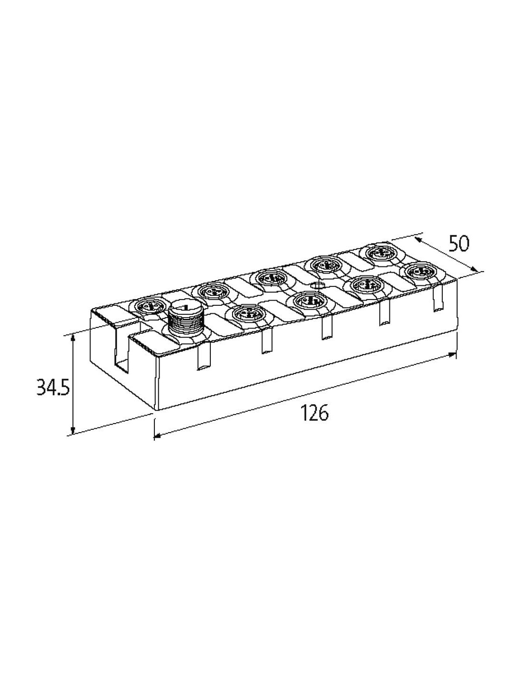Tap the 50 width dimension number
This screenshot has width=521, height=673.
(x=459, y=244)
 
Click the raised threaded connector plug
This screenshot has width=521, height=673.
(x=183, y=318)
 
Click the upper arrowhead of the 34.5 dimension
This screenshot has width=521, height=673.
(x=73, y=339)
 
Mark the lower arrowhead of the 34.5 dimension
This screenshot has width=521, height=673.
(x=73, y=430)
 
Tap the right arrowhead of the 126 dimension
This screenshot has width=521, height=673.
(x=451, y=355)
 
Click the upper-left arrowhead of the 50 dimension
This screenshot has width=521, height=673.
(x=418, y=240)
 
